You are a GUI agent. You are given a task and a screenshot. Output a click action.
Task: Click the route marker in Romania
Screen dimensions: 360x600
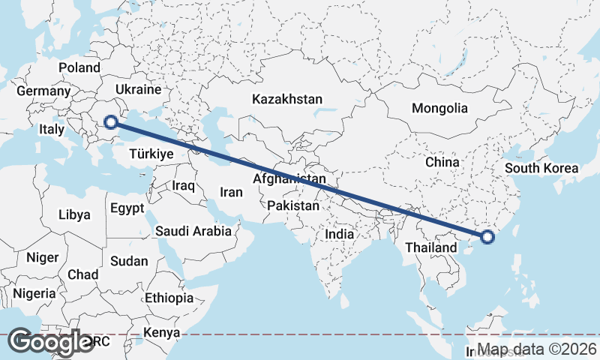[111, 121]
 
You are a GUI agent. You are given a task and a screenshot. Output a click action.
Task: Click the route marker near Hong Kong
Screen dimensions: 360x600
[487, 237]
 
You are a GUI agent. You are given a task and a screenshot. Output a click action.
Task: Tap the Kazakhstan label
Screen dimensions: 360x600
[287, 99]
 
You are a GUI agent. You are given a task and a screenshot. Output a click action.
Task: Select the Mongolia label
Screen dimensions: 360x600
[439, 108]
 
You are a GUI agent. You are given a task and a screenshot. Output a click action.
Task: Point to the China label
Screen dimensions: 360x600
[442, 162]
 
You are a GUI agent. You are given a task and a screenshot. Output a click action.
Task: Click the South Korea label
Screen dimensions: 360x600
[541, 168]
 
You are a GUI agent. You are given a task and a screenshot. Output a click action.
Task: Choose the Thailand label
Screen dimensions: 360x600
[430, 247]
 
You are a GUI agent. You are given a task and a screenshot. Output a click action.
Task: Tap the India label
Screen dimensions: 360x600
[339, 234]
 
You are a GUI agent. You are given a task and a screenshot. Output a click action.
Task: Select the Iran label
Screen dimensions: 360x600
[231, 192]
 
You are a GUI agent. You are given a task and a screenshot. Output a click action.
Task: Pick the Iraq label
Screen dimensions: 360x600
[183, 184]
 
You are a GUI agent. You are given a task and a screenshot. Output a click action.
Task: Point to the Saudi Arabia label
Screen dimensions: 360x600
[193, 231]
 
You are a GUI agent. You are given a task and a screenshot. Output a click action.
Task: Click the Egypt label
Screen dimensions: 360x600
[126, 208]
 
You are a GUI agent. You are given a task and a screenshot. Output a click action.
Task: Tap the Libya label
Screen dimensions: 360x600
[74, 214]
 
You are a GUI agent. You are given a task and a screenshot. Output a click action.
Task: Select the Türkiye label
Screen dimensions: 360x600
[151, 154]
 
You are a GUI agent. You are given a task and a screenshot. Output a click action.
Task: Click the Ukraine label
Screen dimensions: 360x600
[137, 89]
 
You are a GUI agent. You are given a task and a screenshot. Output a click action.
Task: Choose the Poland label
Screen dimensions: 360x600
[79, 67]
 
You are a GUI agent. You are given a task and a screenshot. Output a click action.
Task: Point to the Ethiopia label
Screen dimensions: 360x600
[169, 298]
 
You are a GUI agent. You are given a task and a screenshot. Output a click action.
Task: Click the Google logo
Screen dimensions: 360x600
[51, 342]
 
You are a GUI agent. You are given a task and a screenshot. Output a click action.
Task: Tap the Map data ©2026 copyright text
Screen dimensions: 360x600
[538, 349]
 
